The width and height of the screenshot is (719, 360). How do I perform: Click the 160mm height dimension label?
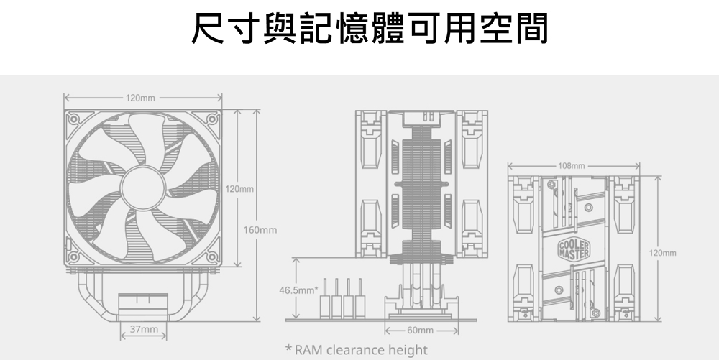click(x=260, y=230)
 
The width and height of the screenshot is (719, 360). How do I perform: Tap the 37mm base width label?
click(x=143, y=329)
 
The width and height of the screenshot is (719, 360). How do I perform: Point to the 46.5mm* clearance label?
click(x=299, y=290)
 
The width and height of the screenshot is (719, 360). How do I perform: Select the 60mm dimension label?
click(x=420, y=330)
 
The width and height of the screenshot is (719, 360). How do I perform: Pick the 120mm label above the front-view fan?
click(x=140, y=97)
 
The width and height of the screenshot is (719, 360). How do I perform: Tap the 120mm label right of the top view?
click(x=662, y=253)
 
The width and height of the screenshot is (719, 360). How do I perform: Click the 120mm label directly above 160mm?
click(x=239, y=189)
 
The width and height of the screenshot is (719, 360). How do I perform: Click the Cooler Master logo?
click(x=572, y=251)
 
